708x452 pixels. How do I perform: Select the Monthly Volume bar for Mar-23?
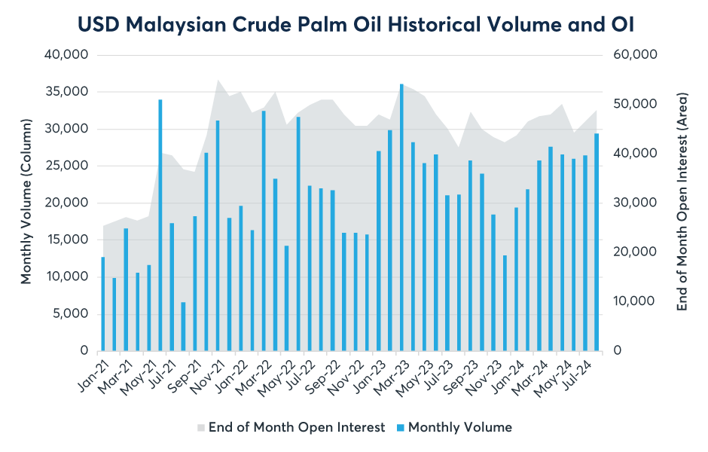coord(401,218)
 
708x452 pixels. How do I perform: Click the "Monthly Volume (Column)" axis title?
coord(26,201)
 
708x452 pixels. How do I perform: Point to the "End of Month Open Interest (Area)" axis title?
coord(682,202)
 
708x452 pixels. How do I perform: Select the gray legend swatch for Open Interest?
coord(200,428)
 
